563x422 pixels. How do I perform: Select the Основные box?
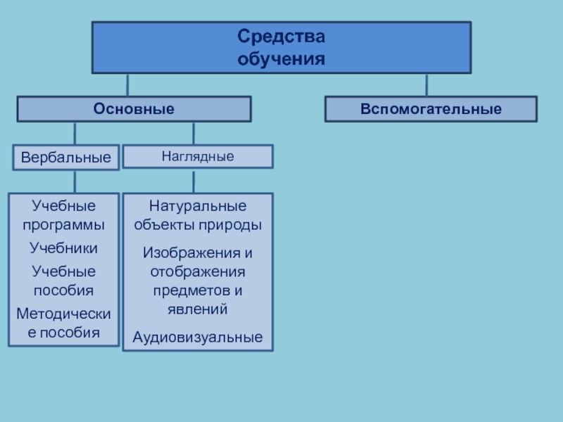[x=134, y=109]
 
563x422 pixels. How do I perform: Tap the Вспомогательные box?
[x=431, y=109]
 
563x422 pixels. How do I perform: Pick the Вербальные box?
[x=65, y=158]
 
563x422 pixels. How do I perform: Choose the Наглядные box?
[x=198, y=156]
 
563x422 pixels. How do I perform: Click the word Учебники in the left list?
[x=63, y=248]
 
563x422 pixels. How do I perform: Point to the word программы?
[x=63, y=225]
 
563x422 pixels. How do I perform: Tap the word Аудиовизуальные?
[x=198, y=338]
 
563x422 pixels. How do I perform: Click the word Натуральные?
[x=198, y=207]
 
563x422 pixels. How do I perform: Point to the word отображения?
[x=198, y=271]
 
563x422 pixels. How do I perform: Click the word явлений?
[x=198, y=308]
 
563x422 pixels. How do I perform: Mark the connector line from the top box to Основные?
[x=127, y=85]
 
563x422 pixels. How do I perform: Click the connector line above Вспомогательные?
[x=426, y=85]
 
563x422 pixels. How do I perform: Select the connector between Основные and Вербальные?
[x=75, y=134]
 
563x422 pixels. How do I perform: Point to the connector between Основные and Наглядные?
[x=194, y=134]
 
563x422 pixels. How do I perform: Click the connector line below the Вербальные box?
[x=75, y=182]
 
